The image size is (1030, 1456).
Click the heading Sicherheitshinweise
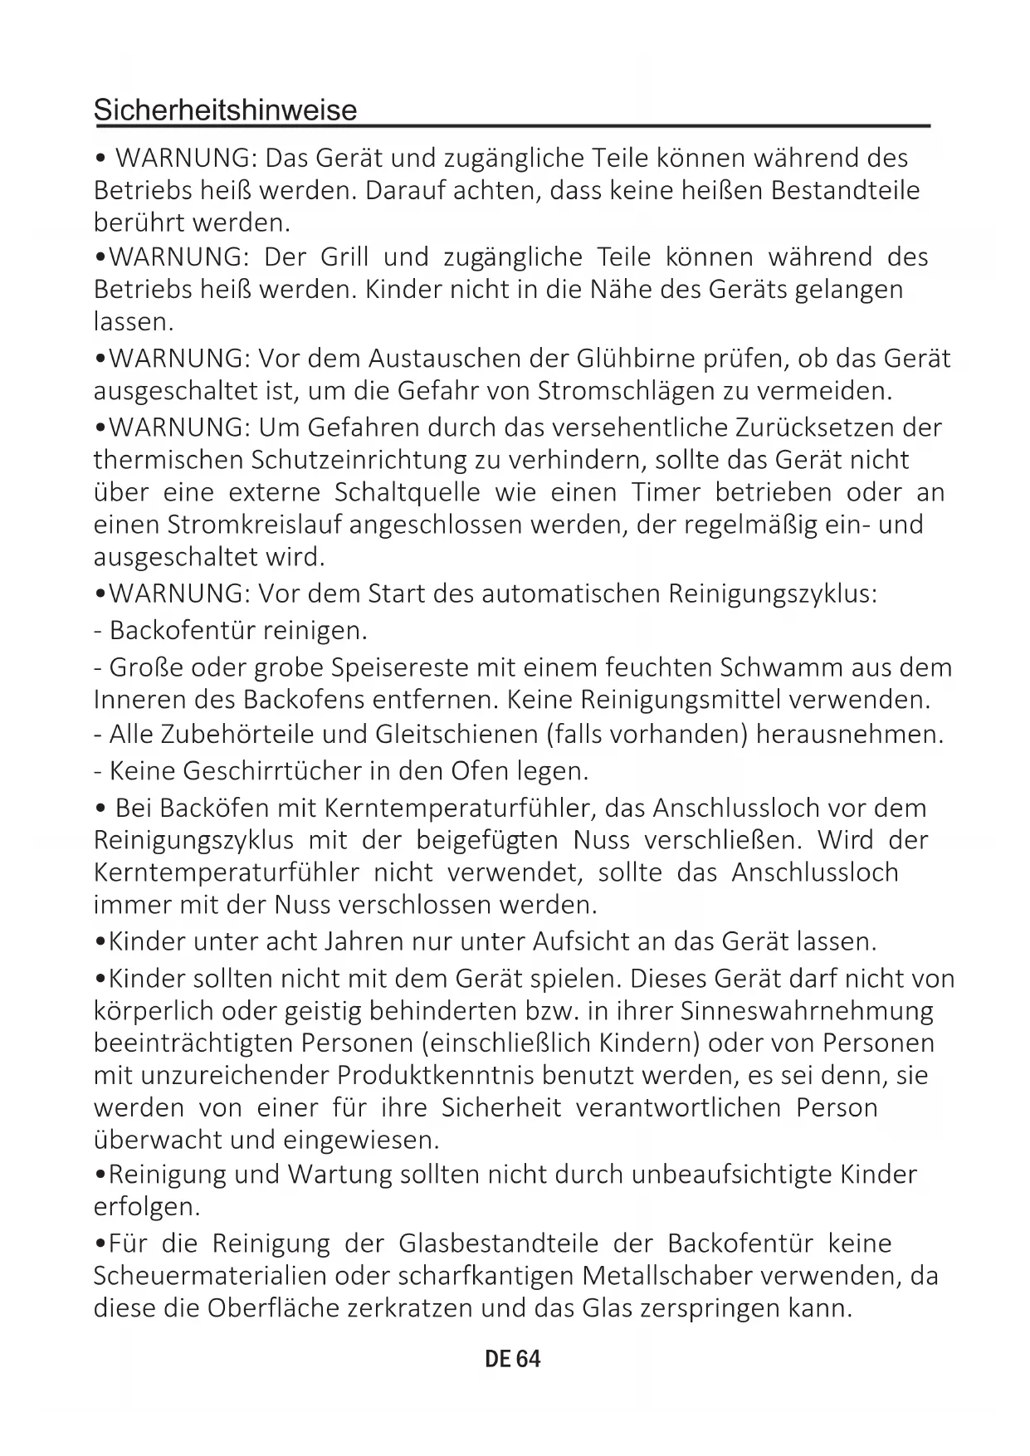point(225,110)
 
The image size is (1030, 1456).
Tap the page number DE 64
point(513,1359)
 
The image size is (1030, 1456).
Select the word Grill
point(344,257)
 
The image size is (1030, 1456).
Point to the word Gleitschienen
point(456,735)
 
